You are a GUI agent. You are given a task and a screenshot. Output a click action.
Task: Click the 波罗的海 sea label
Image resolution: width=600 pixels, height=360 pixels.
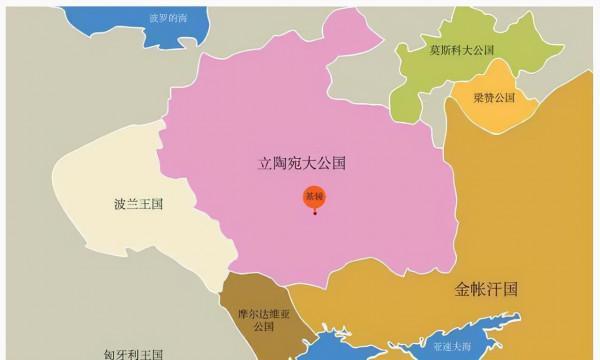point(168,18)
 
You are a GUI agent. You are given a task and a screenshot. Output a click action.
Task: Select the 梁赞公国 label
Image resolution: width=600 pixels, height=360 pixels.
point(493,98)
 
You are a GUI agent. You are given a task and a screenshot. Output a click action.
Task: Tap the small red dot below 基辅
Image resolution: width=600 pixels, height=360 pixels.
point(315,212)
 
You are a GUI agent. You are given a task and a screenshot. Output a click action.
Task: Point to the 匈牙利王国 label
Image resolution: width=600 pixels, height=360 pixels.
point(134,353)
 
